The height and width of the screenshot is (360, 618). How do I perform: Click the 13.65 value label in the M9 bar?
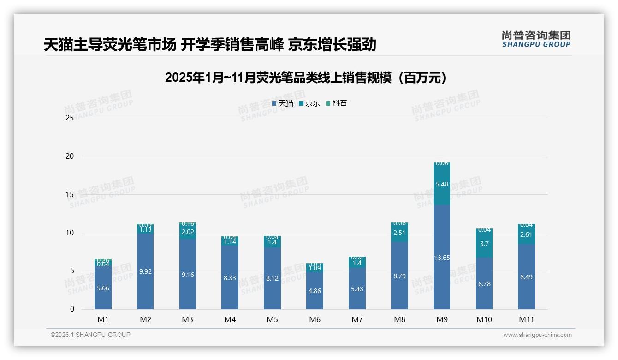tap(442, 258)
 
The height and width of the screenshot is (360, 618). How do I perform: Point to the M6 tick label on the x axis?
tap(315, 319)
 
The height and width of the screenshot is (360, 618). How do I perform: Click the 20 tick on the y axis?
tap(70, 156)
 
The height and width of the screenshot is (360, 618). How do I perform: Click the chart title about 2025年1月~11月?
tap(306, 78)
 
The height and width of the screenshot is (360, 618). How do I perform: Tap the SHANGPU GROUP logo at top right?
tap(536, 39)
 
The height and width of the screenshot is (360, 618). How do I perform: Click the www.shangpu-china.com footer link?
tap(537, 335)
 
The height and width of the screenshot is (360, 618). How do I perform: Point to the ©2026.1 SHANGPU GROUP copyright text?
tap(90, 335)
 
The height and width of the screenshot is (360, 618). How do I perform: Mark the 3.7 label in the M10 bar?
tap(484, 244)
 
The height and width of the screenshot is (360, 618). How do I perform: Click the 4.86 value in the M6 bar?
tap(315, 291)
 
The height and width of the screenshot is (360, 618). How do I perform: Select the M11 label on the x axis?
tap(526, 319)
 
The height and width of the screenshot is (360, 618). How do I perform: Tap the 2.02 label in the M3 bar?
tap(188, 232)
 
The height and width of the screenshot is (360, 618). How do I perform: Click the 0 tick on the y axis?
tap(72, 309)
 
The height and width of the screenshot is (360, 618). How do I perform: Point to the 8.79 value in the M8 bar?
tap(399, 276)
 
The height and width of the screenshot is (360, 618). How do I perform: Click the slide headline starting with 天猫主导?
tap(210, 44)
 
